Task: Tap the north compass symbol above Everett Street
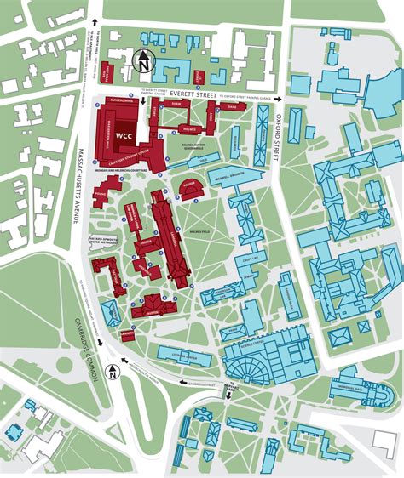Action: click(x=143, y=60)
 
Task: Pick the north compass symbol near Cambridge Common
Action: click(x=112, y=371)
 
